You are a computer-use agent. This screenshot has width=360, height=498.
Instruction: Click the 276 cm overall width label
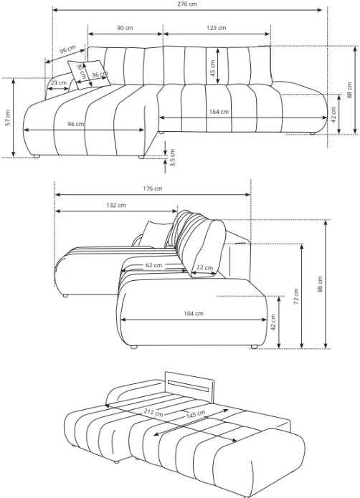pyautogui.click(x=187, y=4)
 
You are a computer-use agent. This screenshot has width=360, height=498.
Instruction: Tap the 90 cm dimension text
pyautogui.click(x=125, y=28)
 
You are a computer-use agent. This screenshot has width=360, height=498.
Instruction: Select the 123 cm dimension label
pyautogui.click(x=217, y=28)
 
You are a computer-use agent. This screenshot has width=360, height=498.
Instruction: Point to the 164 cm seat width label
pyautogui.click(x=219, y=112)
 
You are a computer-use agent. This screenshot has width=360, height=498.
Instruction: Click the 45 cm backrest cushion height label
pyautogui.click(x=212, y=67)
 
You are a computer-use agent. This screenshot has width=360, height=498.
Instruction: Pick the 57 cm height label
pyautogui.click(x=8, y=118)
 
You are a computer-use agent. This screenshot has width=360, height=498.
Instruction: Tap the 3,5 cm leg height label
pyautogui.click(x=173, y=158)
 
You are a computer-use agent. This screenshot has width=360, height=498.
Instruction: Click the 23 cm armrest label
pyautogui.click(x=59, y=83)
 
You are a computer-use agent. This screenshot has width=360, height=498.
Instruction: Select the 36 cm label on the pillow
pyautogui.click(x=100, y=75)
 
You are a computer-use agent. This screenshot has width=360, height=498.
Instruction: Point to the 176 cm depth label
pyautogui.click(x=153, y=188)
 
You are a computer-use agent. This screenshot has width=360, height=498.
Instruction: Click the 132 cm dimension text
pyautogui.click(x=116, y=206)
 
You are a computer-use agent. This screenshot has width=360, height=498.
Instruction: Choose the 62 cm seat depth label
pyautogui.click(x=153, y=265)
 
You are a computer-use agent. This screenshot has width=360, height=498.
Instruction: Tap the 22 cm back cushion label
pyautogui.click(x=204, y=268)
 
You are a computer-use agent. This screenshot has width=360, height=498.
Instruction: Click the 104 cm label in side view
pyautogui.click(x=194, y=314)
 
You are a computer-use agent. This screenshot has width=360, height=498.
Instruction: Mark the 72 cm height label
pyautogui.click(x=295, y=297)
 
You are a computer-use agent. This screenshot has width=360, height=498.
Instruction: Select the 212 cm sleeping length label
pyautogui.click(x=153, y=413)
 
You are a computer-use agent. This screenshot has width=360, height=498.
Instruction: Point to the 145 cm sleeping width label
pyautogui.click(x=195, y=414)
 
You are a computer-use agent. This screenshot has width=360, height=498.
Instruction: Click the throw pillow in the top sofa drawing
pyautogui.click(x=89, y=75)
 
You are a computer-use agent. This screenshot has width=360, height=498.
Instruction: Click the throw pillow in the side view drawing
pyautogui.click(x=156, y=234)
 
